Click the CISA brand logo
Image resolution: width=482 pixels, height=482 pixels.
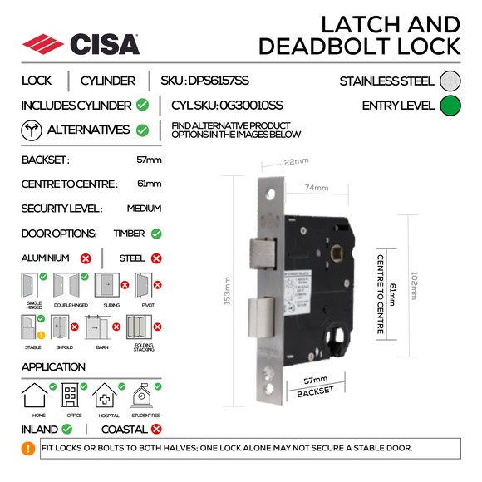81,43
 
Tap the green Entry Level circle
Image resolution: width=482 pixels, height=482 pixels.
450,106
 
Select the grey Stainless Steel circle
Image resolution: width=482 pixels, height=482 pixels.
450,81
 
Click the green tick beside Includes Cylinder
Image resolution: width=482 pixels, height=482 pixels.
143,106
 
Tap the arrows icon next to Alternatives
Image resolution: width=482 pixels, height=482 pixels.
32,130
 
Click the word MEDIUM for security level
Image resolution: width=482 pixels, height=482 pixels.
144,209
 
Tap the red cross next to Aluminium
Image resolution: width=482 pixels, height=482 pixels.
85,258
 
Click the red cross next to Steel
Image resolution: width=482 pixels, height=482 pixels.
156,258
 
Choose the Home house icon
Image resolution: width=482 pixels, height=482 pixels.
39,395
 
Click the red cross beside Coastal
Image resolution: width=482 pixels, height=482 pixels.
156,430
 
